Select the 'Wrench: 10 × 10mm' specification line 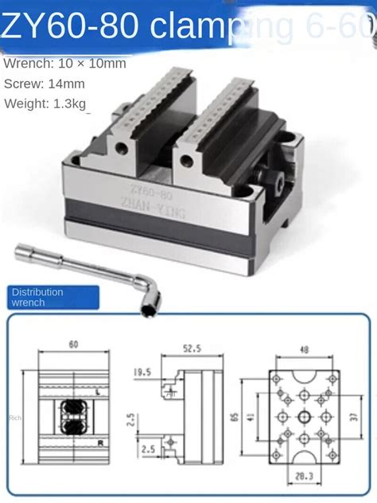coord(64,63)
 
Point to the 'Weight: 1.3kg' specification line coord(48,103)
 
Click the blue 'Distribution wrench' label coord(37,297)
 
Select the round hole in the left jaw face coord(119,149)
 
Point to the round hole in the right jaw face coord(187,161)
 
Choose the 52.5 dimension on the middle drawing coord(190,348)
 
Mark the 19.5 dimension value coord(142,372)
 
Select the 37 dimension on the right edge coord(352,415)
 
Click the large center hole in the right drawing coord(304,416)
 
